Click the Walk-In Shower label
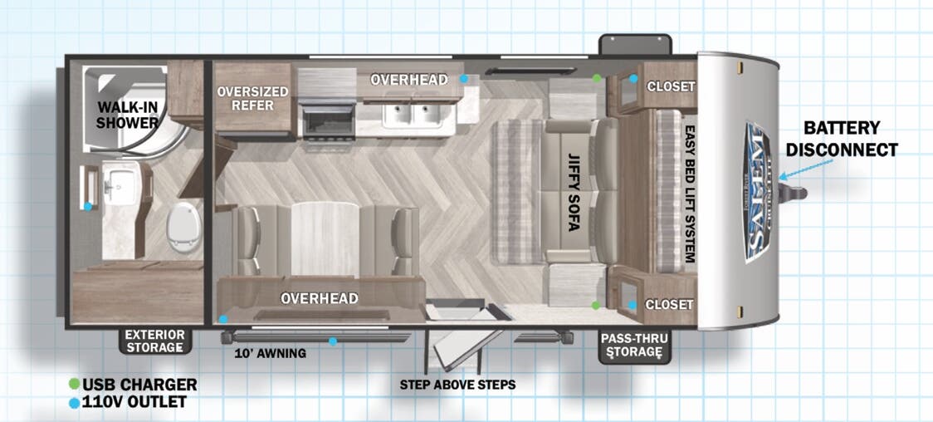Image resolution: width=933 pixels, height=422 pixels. point(127,115)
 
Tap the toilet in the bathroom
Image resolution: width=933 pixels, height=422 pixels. point(183,228)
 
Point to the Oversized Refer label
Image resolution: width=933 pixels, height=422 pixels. point(253,99)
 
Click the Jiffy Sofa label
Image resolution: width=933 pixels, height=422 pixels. point(574,192)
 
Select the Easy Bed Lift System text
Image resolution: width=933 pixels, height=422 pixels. point(691,194)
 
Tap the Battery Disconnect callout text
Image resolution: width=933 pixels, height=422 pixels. point(842,139)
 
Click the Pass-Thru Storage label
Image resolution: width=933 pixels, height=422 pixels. point(633,346)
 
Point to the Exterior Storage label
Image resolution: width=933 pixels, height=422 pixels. point(154,341)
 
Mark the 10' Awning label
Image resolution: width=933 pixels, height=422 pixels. point(270,354)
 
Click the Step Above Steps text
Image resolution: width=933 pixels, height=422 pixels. point(457,385)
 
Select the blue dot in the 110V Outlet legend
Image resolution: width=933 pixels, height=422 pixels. point(75,403)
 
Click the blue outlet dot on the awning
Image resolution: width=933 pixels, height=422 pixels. point(333,341)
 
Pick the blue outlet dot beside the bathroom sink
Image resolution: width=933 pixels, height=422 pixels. point(88,207)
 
